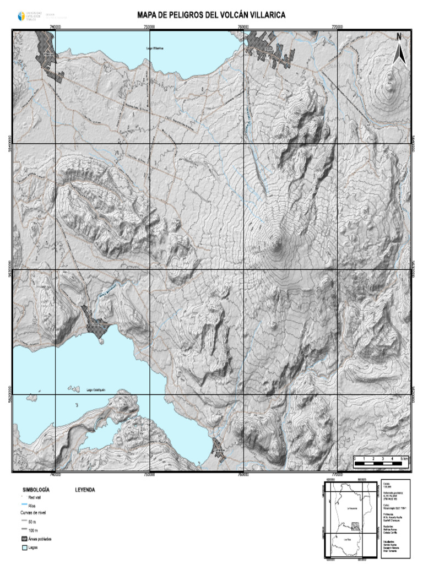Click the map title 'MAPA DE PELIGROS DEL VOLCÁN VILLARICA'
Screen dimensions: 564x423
pos(211,16)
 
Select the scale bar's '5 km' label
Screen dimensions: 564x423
pos(404,458)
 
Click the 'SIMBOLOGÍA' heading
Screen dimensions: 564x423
pos(36,489)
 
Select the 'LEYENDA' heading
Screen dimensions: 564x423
pos(85,489)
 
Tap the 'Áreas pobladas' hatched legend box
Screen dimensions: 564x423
pos(24,539)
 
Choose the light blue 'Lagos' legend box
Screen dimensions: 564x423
pos(24,548)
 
